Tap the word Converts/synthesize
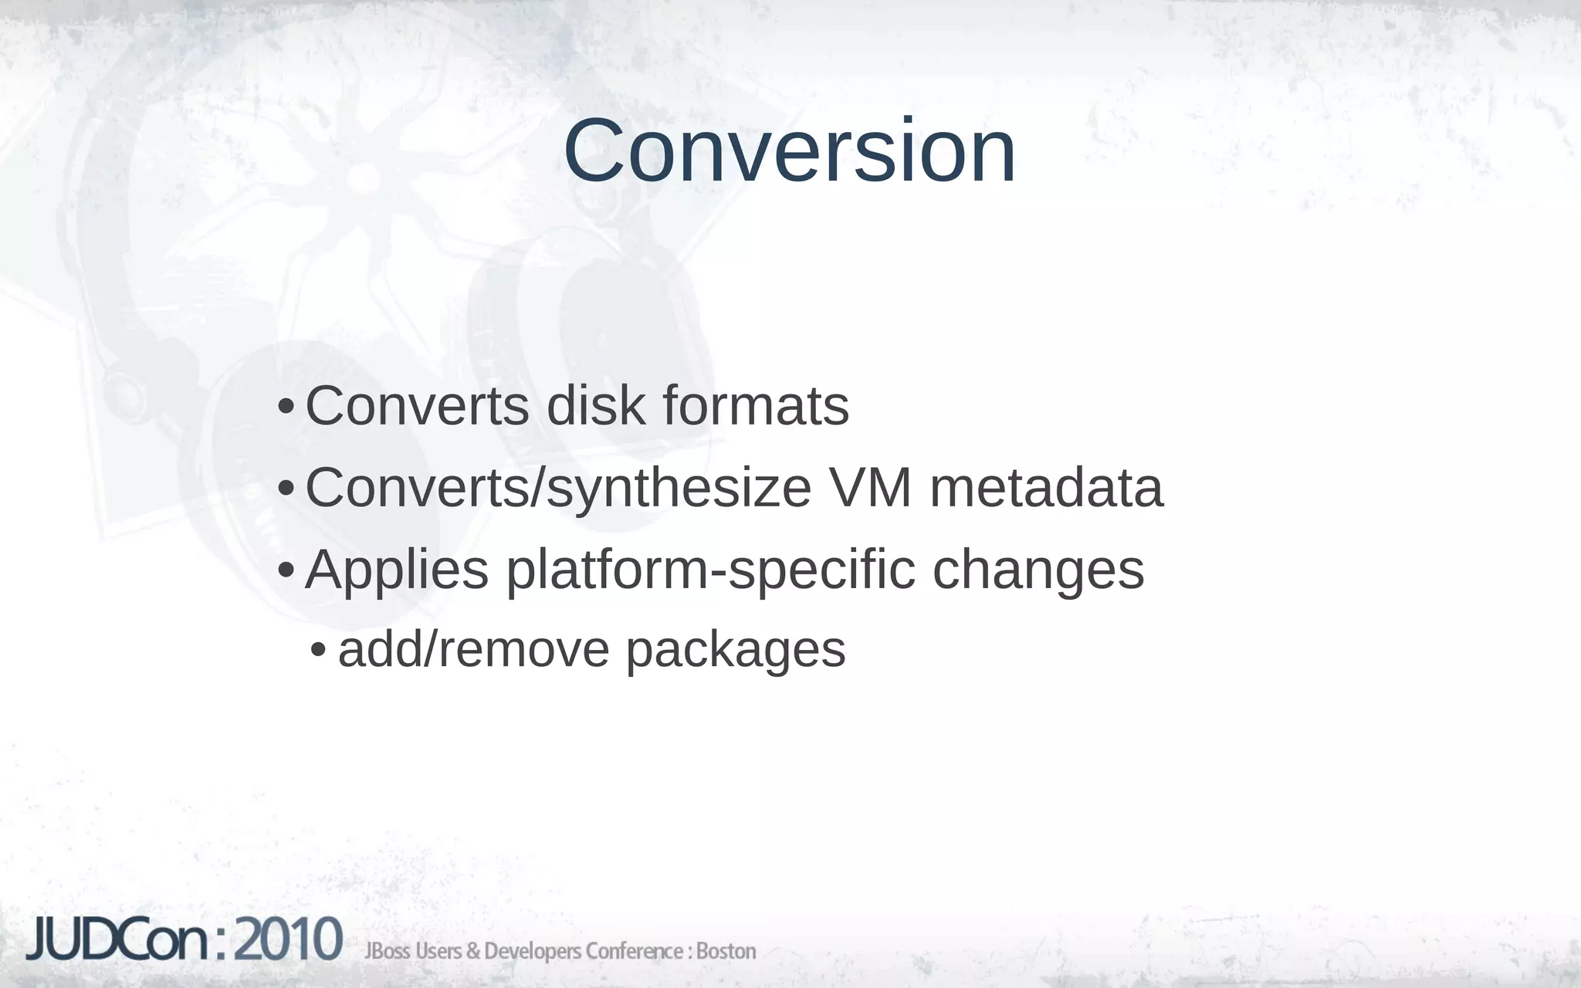[558, 489]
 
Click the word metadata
[1046, 488]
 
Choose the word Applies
[397, 570]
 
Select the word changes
[1038, 570]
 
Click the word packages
[735, 651]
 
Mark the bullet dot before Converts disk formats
[285, 407]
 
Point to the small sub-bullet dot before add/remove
[317, 651]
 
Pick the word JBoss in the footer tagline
[388, 951]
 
